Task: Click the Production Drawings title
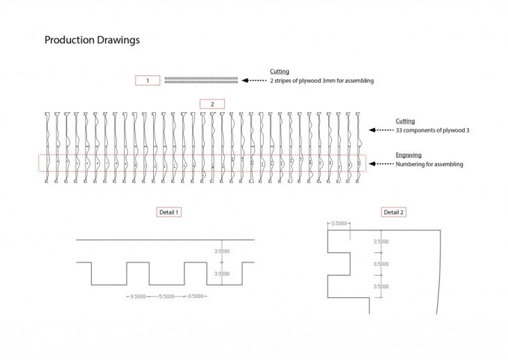(92, 40)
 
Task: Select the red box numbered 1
(148, 81)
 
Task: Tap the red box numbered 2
(212, 104)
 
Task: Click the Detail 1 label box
(169, 212)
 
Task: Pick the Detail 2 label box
(394, 212)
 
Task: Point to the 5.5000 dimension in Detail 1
(166, 297)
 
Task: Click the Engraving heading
(408, 155)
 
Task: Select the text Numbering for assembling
(429, 164)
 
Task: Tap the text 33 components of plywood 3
(433, 130)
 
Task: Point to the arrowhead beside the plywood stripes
(245, 81)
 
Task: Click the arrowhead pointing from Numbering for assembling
(372, 164)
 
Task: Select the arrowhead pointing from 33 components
(372, 130)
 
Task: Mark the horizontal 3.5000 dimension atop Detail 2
(339, 224)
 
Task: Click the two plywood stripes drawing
(201, 80)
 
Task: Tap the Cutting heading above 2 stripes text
(280, 71)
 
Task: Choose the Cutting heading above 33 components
(405, 121)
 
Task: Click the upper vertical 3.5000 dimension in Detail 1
(222, 251)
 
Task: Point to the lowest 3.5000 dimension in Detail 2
(381, 286)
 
